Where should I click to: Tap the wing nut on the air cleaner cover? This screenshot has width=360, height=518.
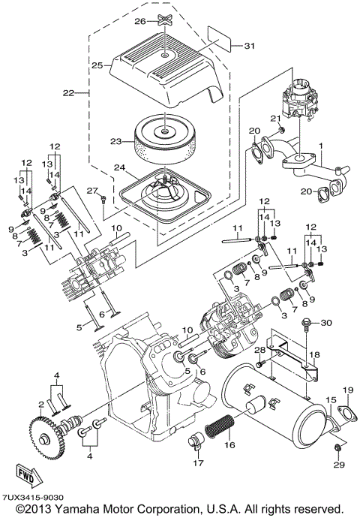pyautogui.click(x=164, y=21)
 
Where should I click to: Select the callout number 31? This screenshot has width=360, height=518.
pyautogui.click(x=250, y=47)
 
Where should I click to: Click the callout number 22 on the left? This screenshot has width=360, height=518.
pyautogui.click(x=69, y=92)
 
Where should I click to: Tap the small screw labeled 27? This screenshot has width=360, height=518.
pyautogui.click(x=103, y=197)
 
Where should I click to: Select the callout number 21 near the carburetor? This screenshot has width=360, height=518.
pyautogui.click(x=275, y=118)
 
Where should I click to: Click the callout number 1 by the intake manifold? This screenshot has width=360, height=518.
pyautogui.click(x=322, y=143)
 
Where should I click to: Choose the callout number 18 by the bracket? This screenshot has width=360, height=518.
pyautogui.click(x=313, y=354)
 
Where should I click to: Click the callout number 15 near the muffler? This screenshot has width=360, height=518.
pyautogui.click(x=331, y=400)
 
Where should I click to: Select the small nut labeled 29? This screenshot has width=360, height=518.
pyautogui.click(x=337, y=448)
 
